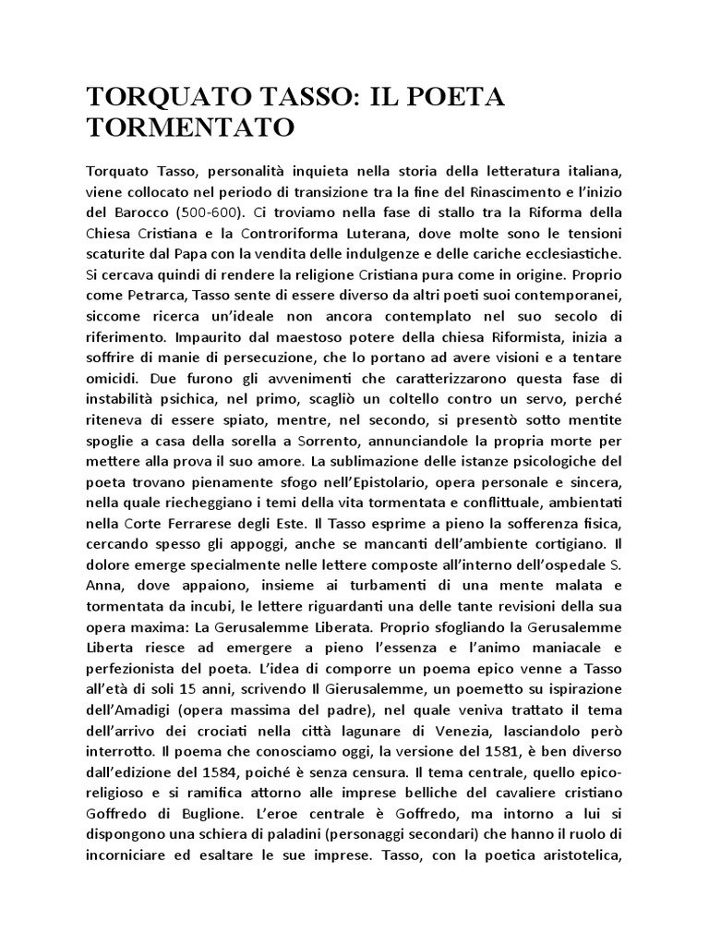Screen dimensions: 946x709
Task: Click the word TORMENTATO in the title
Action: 189,127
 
